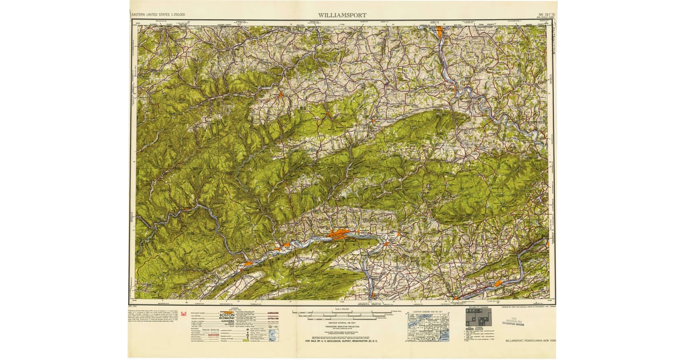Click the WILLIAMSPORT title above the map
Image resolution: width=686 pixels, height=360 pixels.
tap(343, 15)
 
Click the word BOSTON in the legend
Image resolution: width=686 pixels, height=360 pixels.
tap(226, 315)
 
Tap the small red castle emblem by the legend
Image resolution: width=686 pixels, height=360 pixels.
tap(184, 313)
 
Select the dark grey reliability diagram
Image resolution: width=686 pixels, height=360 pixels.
tap(478, 317)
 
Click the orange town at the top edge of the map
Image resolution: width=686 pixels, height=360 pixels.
tap(439, 31)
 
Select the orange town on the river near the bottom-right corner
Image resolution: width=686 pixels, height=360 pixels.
tap(498, 283)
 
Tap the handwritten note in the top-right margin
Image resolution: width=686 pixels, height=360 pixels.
tap(553, 43)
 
